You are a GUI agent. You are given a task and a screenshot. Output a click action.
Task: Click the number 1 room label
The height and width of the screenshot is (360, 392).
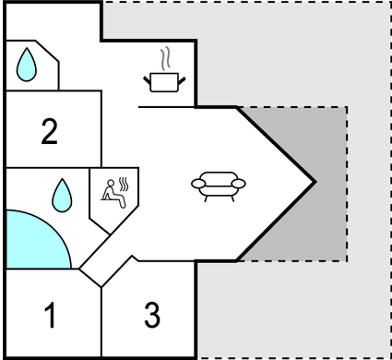[x=51, y=316]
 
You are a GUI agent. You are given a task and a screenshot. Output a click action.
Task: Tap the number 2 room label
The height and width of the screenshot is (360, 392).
[x=50, y=131]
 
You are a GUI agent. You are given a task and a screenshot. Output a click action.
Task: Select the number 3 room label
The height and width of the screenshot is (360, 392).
[x=152, y=316]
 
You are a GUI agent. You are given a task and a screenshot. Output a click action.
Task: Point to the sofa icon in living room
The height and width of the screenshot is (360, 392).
[x=220, y=184]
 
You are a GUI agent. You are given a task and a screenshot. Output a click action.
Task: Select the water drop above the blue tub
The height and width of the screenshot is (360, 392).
[x=62, y=193]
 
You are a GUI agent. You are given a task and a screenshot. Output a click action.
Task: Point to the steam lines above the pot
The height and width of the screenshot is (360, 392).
[x=165, y=60]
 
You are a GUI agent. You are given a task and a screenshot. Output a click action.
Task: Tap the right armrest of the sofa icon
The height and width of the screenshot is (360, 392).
[x=242, y=184]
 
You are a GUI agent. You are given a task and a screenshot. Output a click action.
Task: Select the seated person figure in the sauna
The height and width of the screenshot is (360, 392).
[x=113, y=192]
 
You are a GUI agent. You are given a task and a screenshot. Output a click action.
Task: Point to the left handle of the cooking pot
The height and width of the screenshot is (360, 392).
[x=148, y=80]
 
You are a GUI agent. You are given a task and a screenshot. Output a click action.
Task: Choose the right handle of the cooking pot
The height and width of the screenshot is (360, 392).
[x=184, y=80]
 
